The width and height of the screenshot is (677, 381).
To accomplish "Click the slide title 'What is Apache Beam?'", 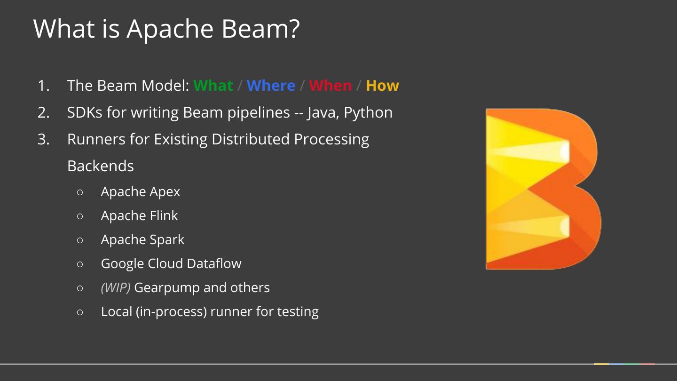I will click(166, 29).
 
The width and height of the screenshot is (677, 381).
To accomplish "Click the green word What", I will click(213, 86).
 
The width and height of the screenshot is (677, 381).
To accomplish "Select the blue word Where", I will click(271, 86).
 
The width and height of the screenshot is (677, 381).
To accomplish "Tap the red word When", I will click(330, 86).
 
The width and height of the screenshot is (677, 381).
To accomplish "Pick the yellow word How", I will click(382, 86).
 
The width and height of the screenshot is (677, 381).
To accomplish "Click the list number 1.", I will click(43, 86).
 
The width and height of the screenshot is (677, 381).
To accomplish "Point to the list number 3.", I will click(43, 139).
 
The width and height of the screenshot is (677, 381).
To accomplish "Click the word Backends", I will click(101, 166).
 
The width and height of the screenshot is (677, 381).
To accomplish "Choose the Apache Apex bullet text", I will click(140, 192).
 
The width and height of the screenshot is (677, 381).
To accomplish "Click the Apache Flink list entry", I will click(139, 216).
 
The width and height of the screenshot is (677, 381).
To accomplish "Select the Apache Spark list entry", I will click(142, 240).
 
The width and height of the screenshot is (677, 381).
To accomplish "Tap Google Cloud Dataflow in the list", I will click(171, 263).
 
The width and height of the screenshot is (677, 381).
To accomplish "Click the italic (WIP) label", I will click(116, 287).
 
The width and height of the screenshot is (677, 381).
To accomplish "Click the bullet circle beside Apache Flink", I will click(79, 216).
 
